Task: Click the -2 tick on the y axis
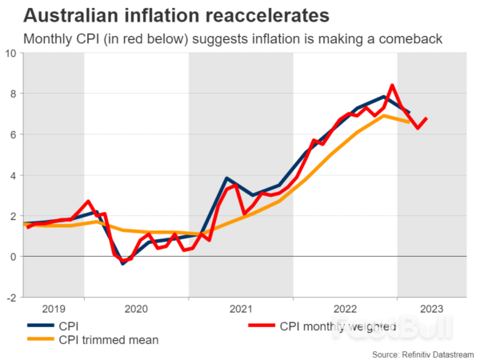click(x=11, y=297)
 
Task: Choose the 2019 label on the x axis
click(x=54, y=308)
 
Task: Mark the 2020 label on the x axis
click(x=136, y=308)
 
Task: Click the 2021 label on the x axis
click(x=241, y=308)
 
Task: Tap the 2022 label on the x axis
click(x=346, y=308)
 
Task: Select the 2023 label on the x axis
click(x=432, y=308)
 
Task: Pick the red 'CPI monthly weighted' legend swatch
click(x=260, y=326)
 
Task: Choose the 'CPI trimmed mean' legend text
click(x=107, y=339)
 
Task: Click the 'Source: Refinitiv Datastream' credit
click(x=423, y=353)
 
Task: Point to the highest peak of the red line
click(x=392, y=85)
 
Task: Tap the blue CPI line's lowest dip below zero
click(x=122, y=262)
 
